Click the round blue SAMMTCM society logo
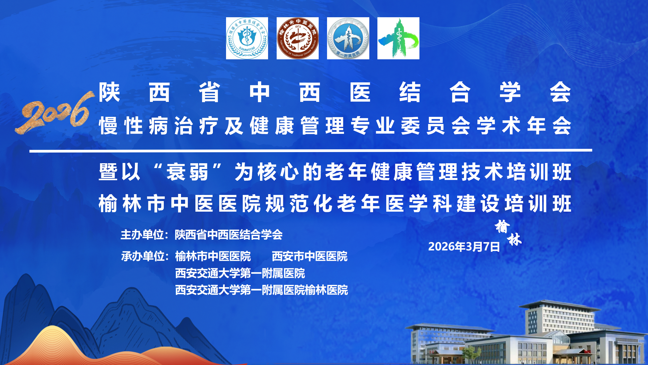(247, 38)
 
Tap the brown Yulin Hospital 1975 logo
(297, 38)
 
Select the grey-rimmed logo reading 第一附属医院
(348, 38)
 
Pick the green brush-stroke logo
(398, 38)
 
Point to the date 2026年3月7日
(464, 246)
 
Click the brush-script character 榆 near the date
(502, 226)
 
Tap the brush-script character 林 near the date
(515, 240)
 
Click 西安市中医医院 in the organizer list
(310, 256)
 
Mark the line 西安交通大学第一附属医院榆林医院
(261, 290)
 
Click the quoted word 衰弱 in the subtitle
(187, 172)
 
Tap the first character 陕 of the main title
(109, 93)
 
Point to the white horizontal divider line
(311, 151)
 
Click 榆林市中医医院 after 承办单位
(213, 256)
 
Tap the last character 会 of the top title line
(560, 93)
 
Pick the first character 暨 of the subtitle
(108, 172)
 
